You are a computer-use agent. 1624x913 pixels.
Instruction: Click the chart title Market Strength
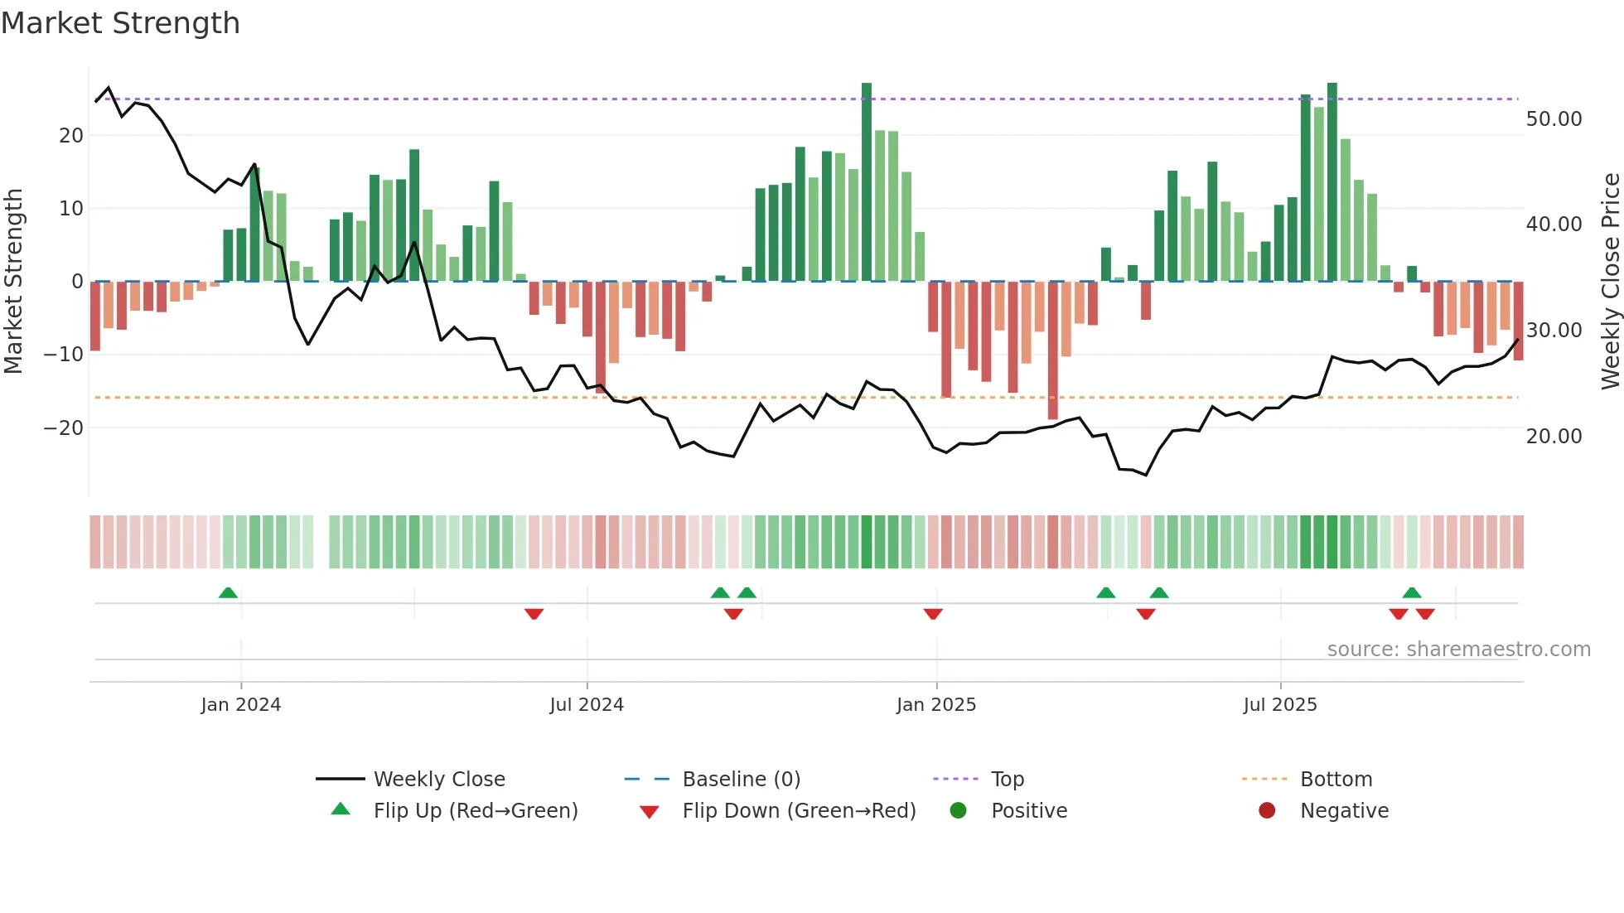pyautogui.click(x=120, y=23)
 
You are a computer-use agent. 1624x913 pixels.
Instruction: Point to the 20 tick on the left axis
pyautogui.click(x=71, y=136)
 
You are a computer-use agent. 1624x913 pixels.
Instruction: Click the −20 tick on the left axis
pyautogui.click(x=64, y=428)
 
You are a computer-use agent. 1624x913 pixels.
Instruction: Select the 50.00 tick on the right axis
pyautogui.click(x=1554, y=119)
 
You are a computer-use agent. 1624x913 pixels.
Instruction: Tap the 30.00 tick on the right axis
pyautogui.click(x=1554, y=331)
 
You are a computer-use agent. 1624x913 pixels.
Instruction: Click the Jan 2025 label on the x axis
pyautogui.click(x=936, y=705)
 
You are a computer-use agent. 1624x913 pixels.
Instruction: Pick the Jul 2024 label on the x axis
pyautogui.click(x=587, y=705)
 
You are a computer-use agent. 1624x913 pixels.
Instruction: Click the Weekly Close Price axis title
pyautogui.click(x=1610, y=282)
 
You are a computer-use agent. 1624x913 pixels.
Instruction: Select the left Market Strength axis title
pyautogui.click(x=13, y=282)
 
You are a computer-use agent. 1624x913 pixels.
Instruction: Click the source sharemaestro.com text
pyautogui.click(x=1458, y=650)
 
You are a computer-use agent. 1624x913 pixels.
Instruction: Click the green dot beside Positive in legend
pyautogui.click(x=959, y=811)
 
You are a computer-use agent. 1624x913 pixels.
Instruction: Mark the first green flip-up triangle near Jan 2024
pyautogui.click(x=228, y=592)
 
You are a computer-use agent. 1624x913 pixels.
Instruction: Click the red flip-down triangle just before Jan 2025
pyautogui.click(x=933, y=614)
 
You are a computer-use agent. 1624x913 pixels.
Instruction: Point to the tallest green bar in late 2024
pyautogui.click(x=867, y=182)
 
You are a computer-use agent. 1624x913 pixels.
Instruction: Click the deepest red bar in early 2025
pyautogui.click(x=1052, y=350)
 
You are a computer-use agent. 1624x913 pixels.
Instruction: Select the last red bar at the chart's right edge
pyautogui.click(x=1519, y=321)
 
